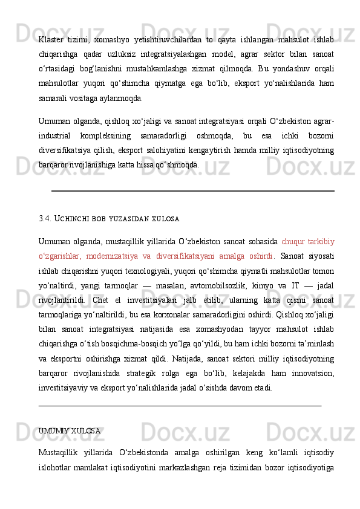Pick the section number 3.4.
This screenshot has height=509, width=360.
(x=45, y=218)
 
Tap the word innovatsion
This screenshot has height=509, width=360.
(x=312, y=372)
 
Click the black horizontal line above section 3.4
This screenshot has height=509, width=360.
(x=192, y=190)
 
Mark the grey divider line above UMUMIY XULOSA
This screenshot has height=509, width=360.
(x=179, y=406)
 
